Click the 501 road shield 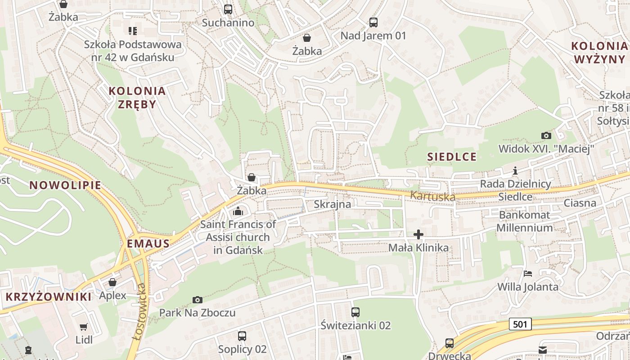(521, 324)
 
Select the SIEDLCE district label (451, 157)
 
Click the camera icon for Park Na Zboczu (197, 300)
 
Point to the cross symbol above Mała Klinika (418, 234)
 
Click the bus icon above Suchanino (228, 9)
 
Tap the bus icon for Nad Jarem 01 (373, 22)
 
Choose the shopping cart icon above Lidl (84, 327)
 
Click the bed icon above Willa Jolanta (527, 274)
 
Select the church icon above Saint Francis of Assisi (238, 211)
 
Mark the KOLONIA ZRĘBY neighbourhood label (137, 98)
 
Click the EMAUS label (148, 244)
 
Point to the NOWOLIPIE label (65, 185)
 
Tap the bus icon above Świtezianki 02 (355, 312)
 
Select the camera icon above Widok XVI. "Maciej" (546, 135)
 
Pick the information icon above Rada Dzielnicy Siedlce (515, 171)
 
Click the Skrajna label (332, 204)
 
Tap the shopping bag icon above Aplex (112, 282)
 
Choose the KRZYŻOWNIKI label (49, 297)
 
